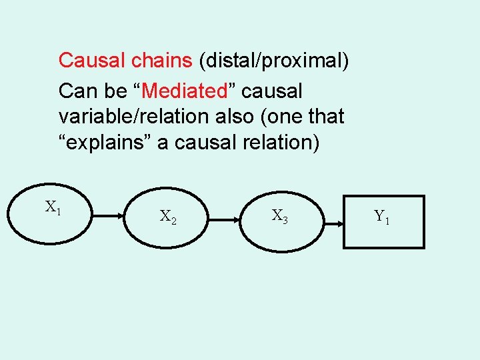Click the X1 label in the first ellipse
[53, 207]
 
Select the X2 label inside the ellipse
[168, 216]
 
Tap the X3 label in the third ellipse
[279, 215]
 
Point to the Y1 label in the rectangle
[382, 216]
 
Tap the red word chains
[162, 61]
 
